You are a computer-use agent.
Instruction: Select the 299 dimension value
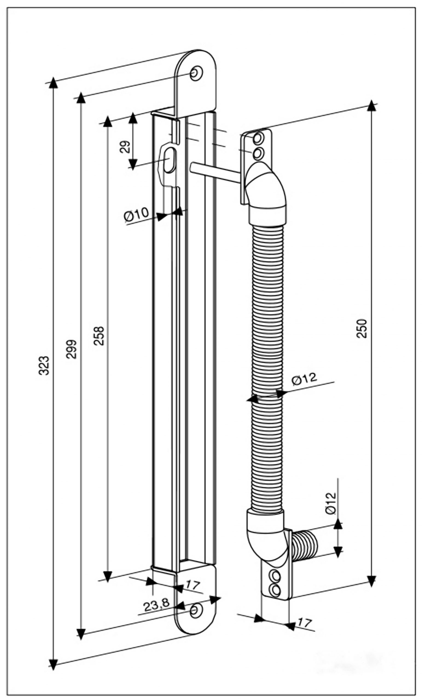pos(72,349)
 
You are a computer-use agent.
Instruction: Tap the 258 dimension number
pos(100,336)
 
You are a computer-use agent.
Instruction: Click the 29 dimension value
pos(125,147)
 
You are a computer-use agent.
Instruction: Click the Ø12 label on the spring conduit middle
pos(304,379)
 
